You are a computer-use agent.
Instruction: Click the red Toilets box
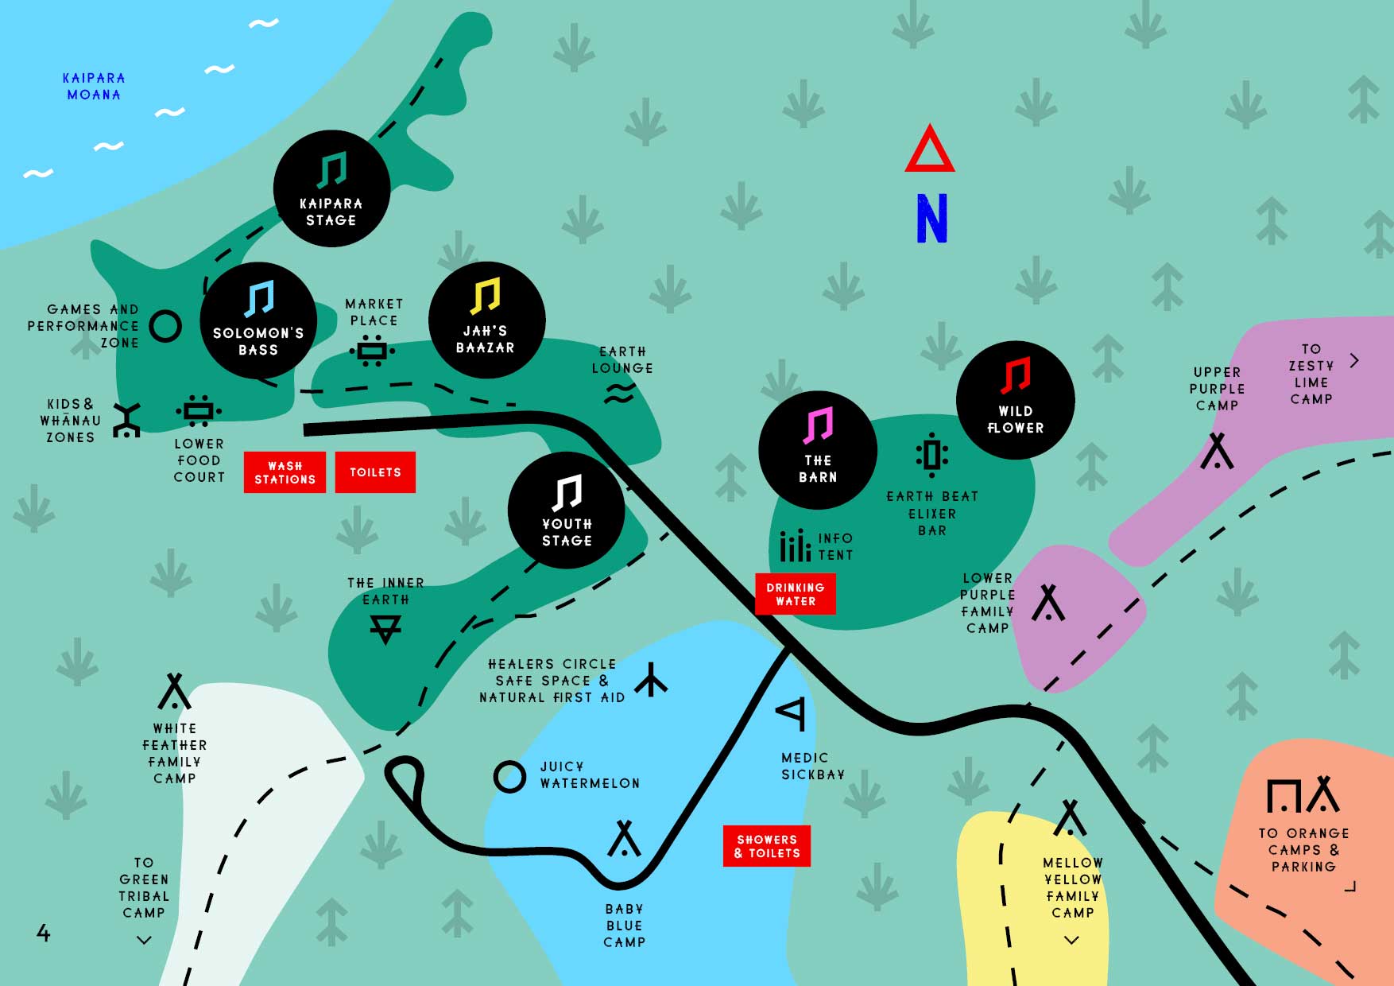(x=375, y=472)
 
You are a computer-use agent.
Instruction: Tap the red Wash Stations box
(x=285, y=472)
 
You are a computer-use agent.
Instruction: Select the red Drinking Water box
(x=795, y=594)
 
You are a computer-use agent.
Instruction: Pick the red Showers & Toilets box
(x=767, y=846)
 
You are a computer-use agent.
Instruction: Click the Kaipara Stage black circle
(x=331, y=188)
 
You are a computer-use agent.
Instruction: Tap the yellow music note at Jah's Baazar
(x=485, y=296)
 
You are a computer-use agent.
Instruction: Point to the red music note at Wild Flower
(x=1015, y=375)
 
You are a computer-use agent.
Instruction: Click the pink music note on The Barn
(x=818, y=425)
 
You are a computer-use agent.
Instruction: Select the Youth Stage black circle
(x=566, y=510)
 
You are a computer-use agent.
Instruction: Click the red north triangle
(x=929, y=151)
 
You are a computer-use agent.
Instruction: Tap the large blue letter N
(x=931, y=219)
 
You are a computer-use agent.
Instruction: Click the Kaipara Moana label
(x=94, y=86)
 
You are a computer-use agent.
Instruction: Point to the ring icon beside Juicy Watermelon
(x=509, y=777)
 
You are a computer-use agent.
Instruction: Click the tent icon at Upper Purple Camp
(x=1217, y=451)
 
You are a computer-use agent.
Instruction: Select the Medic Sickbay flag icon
(x=792, y=712)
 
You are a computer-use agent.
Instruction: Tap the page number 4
(x=44, y=933)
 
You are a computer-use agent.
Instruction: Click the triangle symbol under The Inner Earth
(x=385, y=629)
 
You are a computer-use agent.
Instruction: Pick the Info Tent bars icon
(x=795, y=545)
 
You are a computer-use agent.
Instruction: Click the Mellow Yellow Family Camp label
(x=1072, y=887)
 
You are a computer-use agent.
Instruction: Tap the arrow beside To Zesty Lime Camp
(x=1354, y=360)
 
